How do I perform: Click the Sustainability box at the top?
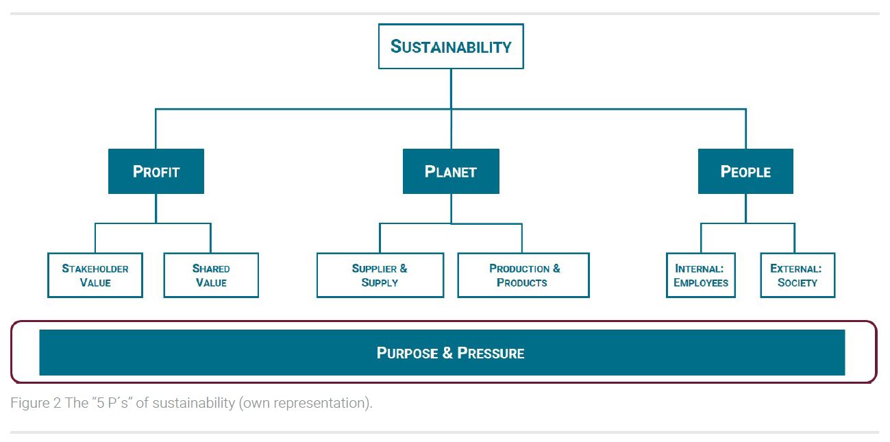tap(451, 46)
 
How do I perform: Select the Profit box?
tap(156, 171)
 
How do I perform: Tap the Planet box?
tap(451, 171)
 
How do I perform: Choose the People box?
tap(745, 171)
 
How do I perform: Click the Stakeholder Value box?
tap(95, 275)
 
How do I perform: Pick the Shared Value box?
tap(211, 275)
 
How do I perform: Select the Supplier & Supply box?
tap(380, 275)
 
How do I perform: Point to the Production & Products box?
tap(523, 275)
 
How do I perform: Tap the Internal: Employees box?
tap(701, 275)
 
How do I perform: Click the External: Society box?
tap(798, 275)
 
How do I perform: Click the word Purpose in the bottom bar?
tap(407, 353)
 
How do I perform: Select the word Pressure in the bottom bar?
tap(491, 353)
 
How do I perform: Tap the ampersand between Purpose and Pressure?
tap(447, 353)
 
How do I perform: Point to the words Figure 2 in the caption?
tap(36, 403)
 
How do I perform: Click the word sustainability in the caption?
tap(194, 403)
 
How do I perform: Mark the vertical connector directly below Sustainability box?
tap(451, 88)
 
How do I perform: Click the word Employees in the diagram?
tap(701, 282)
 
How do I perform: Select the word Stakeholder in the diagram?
tap(95, 269)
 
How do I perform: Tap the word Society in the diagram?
tap(798, 282)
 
